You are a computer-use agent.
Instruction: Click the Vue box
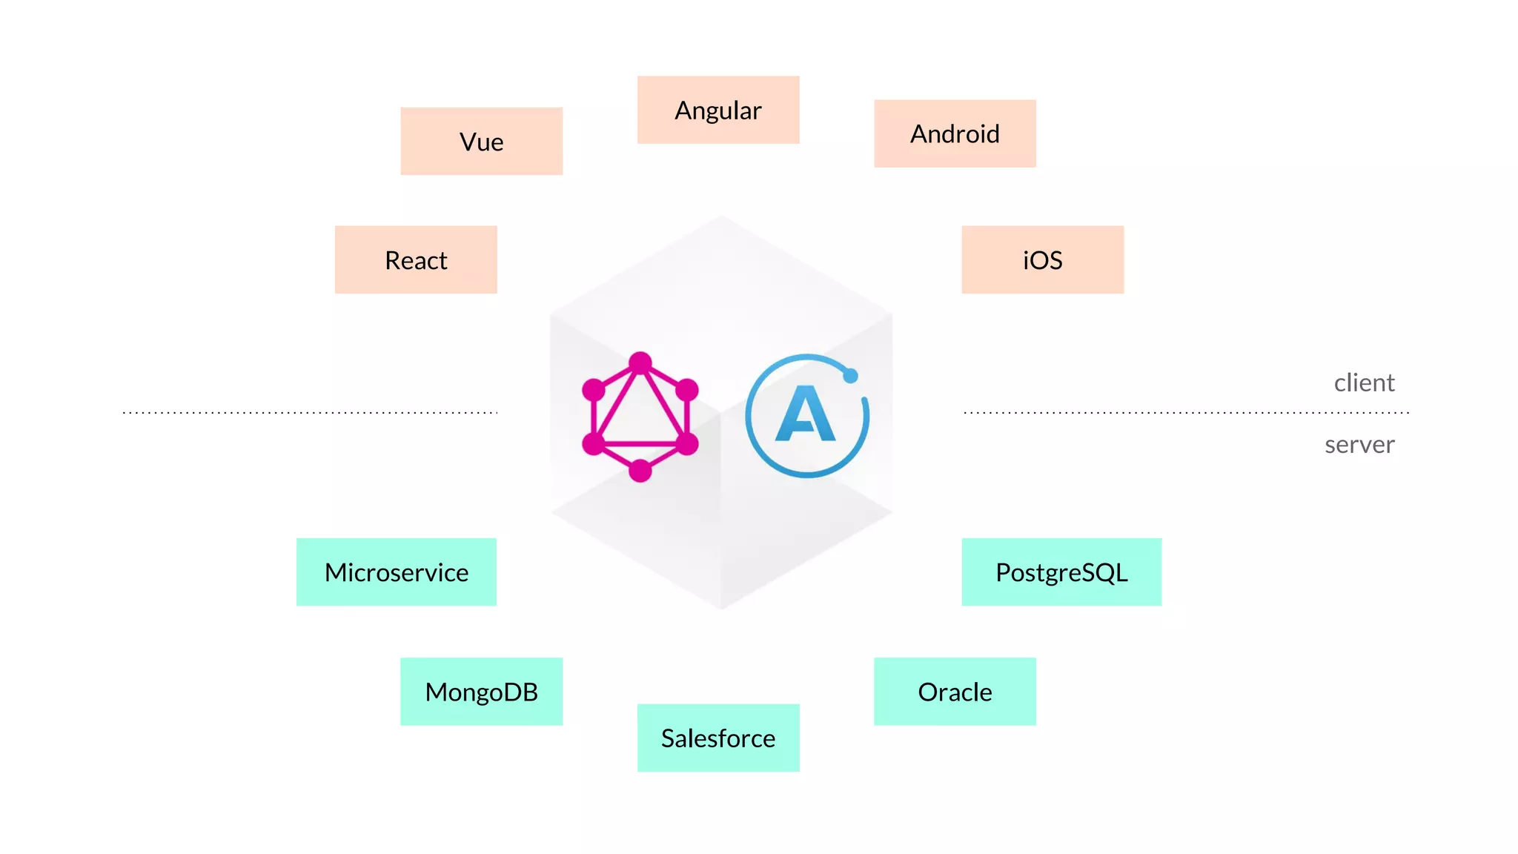pyautogui.click(x=481, y=141)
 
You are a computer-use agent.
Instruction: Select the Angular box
pyautogui.click(x=717, y=110)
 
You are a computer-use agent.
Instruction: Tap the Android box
pyautogui.click(x=955, y=133)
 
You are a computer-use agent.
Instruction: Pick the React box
pyautogui.click(x=416, y=259)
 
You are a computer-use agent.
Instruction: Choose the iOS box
pyautogui.click(x=1042, y=259)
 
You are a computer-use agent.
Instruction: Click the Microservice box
pyautogui.click(x=397, y=572)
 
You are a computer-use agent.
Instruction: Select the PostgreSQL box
pyautogui.click(x=1061, y=572)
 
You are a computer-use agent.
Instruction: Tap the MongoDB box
pyautogui.click(x=481, y=691)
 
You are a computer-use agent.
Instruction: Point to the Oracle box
pyautogui.click(x=955, y=691)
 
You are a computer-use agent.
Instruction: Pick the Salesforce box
pyautogui.click(x=717, y=738)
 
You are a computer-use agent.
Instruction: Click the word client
pyautogui.click(x=1364, y=383)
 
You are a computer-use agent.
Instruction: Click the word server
pyautogui.click(x=1359, y=444)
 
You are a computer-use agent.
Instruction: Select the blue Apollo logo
pyautogui.click(x=806, y=416)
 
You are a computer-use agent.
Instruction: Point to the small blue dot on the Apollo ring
pyautogui.click(x=851, y=376)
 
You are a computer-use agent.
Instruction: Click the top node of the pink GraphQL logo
pyautogui.click(x=640, y=363)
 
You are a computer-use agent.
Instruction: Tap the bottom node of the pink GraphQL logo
pyautogui.click(x=640, y=471)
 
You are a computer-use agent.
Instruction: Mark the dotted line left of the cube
pyautogui.click(x=310, y=412)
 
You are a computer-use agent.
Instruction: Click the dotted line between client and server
pyautogui.click(x=1186, y=412)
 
